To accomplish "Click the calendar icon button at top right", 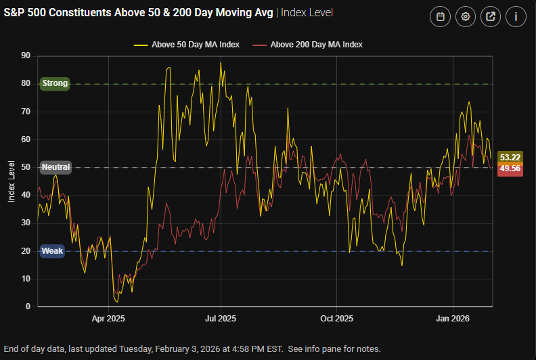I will [440, 17].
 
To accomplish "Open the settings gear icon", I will [465, 17].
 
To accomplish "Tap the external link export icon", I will [490, 17].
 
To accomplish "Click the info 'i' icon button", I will [515, 17].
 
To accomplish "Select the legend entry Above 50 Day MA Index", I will [187, 45].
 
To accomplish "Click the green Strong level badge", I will [55, 83].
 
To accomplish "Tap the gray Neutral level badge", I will [55, 167].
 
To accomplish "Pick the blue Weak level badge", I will [52, 251].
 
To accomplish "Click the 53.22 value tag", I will [510, 157].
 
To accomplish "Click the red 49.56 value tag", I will [510, 169].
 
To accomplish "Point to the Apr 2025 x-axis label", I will [108, 318].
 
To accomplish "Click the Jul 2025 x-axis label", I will [220, 318].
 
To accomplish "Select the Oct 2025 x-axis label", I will [336, 318].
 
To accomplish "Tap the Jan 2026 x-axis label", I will [452, 318].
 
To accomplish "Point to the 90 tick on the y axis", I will [26, 55].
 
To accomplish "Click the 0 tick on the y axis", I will [28, 307].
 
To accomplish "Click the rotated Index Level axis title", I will [11, 181].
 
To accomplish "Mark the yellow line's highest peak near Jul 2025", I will [221, 63].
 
